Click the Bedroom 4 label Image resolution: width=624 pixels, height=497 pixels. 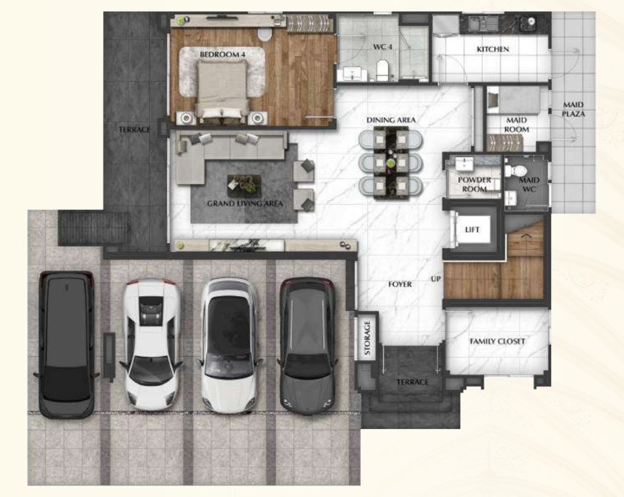[x=222, y=54]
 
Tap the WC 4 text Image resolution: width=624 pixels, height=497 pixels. [x=383, y=47]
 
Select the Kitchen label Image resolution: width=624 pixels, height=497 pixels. [x=493, y=49]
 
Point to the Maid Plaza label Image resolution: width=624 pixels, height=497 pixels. [x=573, y=109]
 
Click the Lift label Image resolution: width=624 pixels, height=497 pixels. [x=472, y=230]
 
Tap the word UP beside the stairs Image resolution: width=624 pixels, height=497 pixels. [x=435, y=279]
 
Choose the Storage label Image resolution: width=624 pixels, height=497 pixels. [x=367, y=338]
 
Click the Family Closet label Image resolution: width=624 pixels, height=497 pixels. [x=497, y=341]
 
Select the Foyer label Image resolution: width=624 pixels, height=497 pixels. [x=400, y=284]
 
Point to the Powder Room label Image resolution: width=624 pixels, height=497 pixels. [x=474, y=184]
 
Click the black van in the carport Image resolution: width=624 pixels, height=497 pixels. [x=67, y=345]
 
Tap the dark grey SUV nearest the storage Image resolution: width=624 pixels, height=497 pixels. [x=307, y=345]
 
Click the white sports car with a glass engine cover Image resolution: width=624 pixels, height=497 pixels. [x=151, y=344]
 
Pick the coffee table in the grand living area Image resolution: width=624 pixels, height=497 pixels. [x=244, y=185]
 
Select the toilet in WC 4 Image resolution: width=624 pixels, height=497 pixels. [x=383, y=70]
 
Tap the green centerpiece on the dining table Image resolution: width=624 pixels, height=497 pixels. [x=392, y=162]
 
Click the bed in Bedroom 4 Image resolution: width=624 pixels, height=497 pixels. [x=222, y=92]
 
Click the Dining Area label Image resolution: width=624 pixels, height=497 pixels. [x=391, y=120]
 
